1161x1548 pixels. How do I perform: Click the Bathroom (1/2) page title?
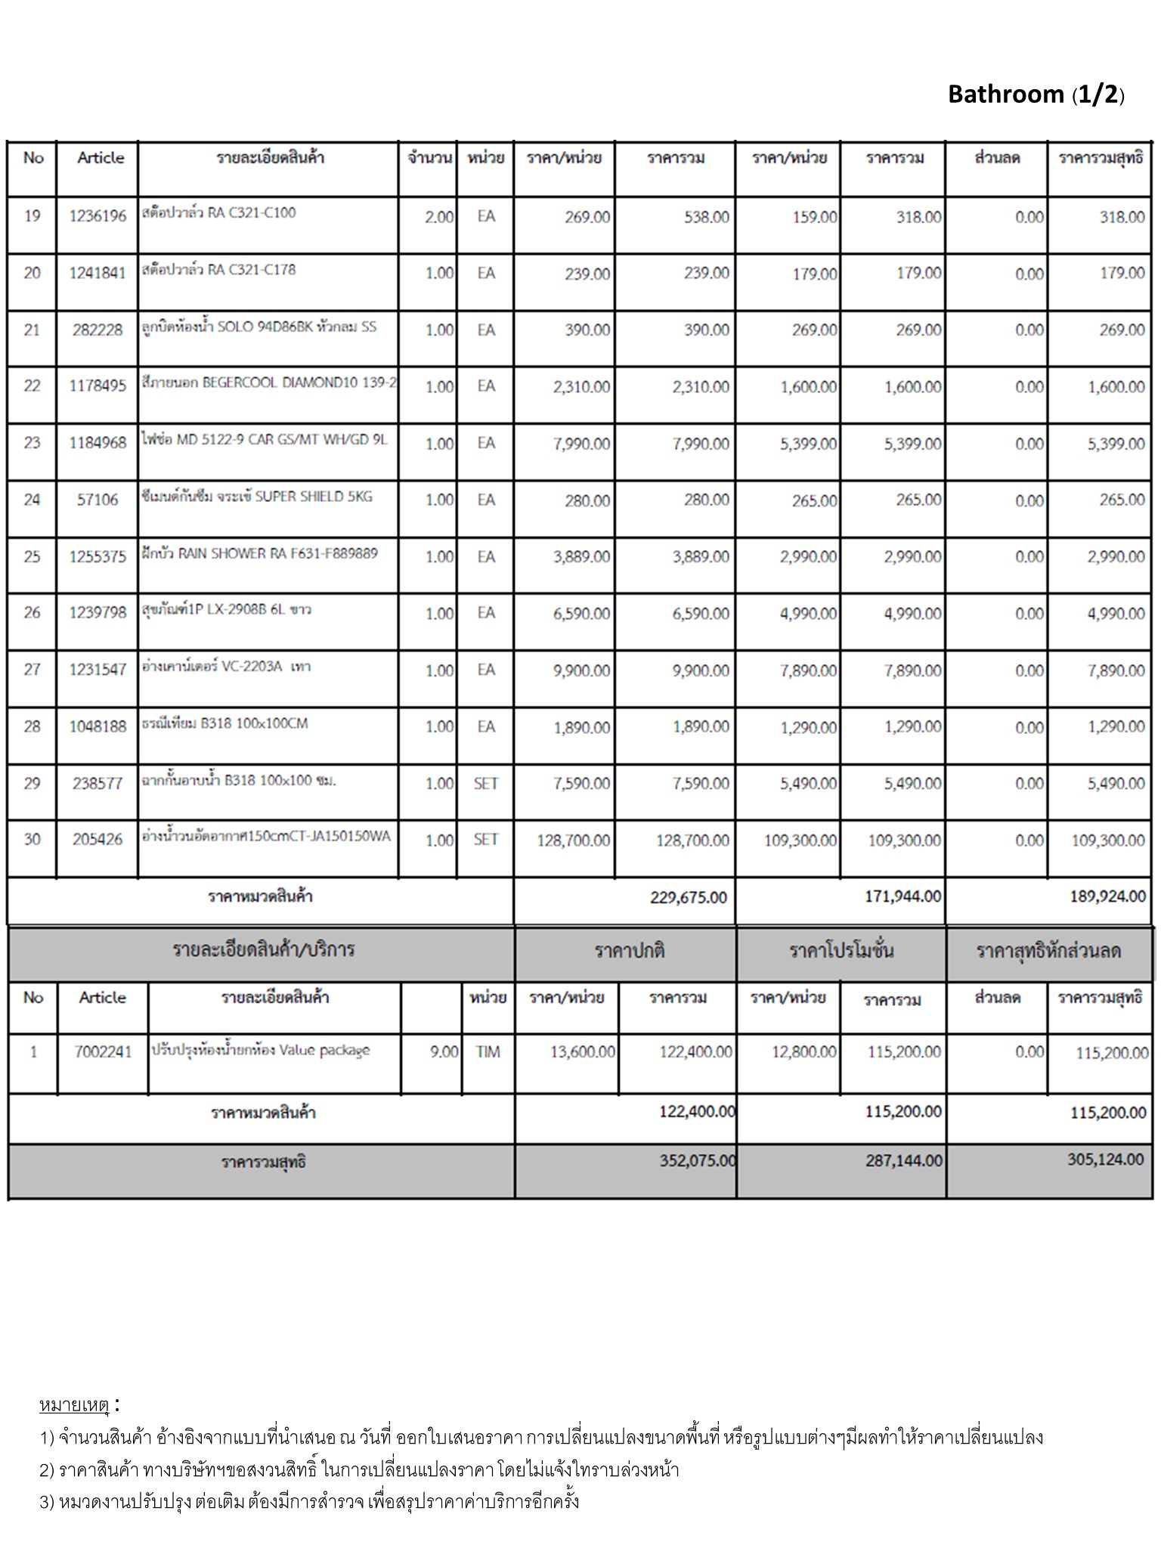[1036, 94]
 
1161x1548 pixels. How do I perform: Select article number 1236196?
[98, 216]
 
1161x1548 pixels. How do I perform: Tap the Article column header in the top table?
[100, 158]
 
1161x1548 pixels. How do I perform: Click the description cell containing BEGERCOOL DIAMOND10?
[268, 383]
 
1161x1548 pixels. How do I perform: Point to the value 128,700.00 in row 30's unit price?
[573, 841]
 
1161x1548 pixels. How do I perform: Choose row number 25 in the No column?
[32, 557]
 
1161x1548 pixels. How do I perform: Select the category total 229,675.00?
[688, 897]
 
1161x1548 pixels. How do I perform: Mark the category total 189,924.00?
[1107, 896]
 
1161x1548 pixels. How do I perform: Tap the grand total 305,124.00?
[1105, 1159]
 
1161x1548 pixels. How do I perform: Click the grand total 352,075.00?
[697, 1160]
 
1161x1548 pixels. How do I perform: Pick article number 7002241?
[103, 1051]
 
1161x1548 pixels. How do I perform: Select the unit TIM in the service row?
[488, 1051]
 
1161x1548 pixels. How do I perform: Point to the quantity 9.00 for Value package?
[444, 1051]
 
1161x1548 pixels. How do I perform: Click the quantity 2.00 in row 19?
[438, 217]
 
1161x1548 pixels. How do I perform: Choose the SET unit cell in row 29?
[485, 784]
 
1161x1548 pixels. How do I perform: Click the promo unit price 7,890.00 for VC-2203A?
[808, 670]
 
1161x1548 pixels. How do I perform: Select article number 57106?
[98, 500]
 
